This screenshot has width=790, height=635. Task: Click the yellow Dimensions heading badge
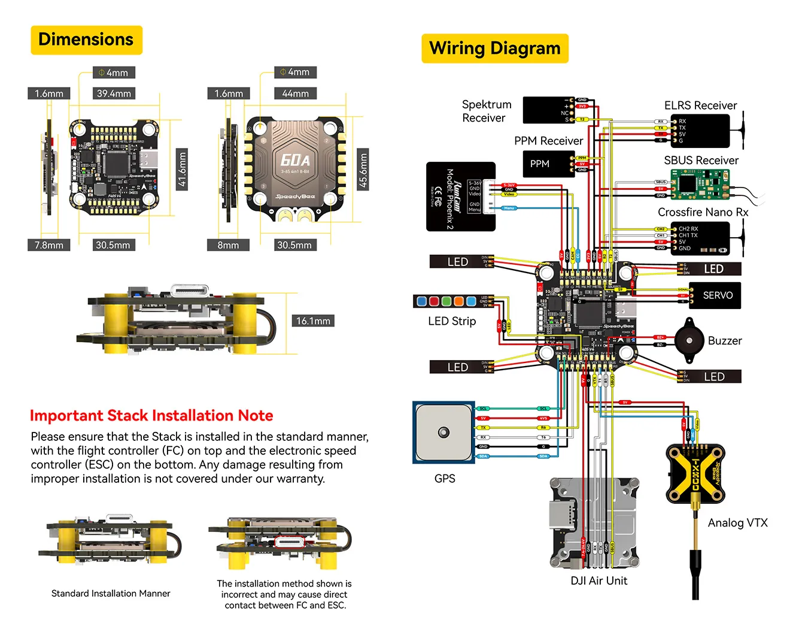(86, 40)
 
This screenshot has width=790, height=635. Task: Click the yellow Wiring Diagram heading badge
(494, 49)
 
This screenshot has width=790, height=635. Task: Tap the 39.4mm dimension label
(114, 93)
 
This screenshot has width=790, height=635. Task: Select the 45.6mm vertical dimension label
(363, 170)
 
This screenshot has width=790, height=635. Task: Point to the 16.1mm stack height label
(313, 321)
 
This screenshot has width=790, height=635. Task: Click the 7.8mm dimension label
(49, 245)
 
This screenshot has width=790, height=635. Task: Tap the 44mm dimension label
(295, 93)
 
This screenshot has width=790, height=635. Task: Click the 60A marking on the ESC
(295, 160)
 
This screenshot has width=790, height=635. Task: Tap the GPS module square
(443, 433)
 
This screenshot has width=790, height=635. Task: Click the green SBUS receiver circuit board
(699, 183)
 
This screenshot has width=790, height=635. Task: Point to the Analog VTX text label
(737, 523)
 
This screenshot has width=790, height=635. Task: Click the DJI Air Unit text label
(598, 580)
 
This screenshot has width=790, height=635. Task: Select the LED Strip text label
(452, 321)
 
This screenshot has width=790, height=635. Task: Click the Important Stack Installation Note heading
(151, 415)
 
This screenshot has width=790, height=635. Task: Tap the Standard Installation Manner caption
(111, 593)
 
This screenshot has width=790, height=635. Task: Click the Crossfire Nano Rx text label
(703, 212)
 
